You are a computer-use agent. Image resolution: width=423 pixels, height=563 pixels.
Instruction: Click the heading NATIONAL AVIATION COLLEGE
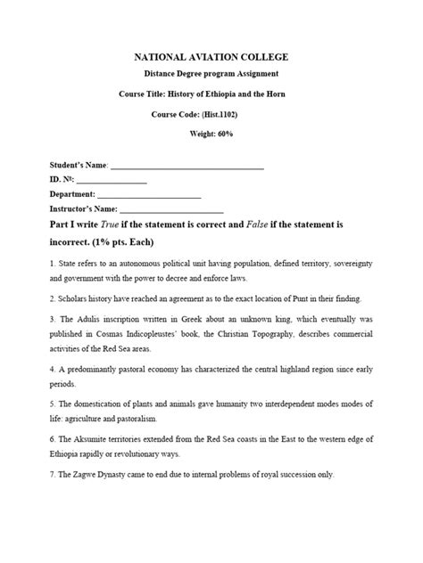211,57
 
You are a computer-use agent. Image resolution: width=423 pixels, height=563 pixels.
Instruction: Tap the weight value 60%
228,134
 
